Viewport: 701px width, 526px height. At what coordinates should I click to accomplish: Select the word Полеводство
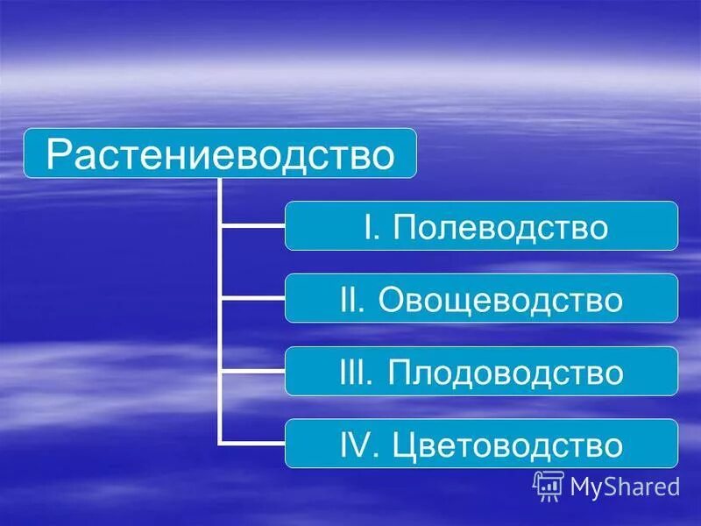(x=500, y=227)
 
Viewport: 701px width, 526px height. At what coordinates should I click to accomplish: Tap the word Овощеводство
(x=500, y=300)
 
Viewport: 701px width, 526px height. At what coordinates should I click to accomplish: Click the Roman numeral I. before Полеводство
(x=372, y=227)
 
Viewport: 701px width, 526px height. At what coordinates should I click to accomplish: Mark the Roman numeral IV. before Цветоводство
(x=358, y=444)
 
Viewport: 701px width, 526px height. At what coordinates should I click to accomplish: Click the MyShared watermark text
(x=625, y=486)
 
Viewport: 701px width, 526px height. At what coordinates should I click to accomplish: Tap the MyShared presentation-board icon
(x=548, y=485)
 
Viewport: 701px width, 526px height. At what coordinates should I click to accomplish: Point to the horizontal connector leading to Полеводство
(x=252, y=226)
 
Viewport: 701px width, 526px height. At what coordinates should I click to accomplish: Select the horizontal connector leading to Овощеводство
(x=252, y=298)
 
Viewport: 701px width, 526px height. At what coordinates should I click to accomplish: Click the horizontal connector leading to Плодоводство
(x=252, y=371)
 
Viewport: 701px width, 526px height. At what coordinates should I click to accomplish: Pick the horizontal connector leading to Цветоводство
(x=252, y=443)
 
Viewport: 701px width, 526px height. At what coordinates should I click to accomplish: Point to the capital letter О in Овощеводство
(x=393, y=300)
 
